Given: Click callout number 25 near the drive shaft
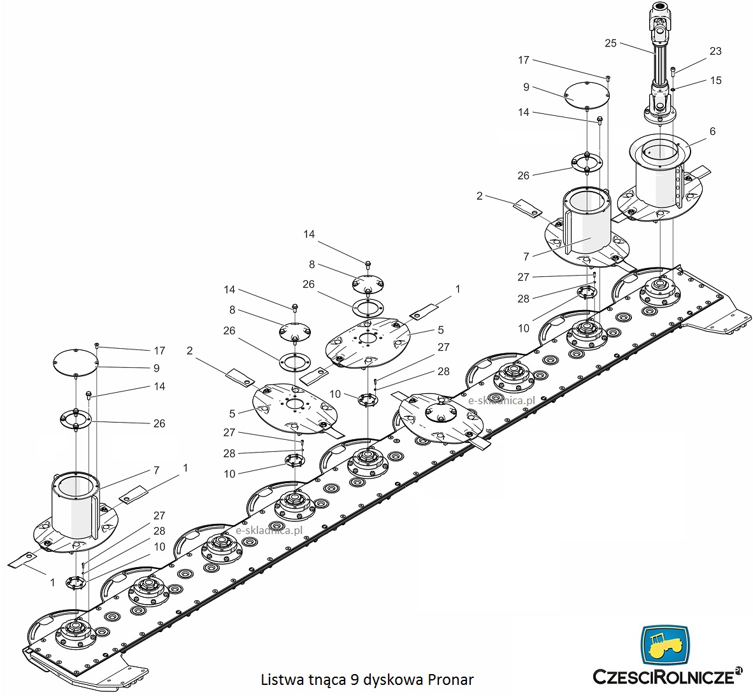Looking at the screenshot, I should click(x=610, y=43).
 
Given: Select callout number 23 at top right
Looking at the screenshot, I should click(x=715, y=51).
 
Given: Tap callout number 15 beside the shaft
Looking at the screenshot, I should click(x=715, y=80).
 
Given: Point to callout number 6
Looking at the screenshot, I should click(x=712, y=131).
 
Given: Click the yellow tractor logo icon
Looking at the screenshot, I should click(x=665, y=647).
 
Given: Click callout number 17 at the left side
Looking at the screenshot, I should click(x=159, y=350).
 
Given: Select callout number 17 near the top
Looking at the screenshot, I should click(x=523, y=60).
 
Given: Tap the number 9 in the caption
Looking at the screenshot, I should click(x=354, y=679).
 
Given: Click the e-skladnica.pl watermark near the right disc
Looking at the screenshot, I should click(x=501, y=400).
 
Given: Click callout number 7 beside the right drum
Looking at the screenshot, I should click(x=526, y=257).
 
